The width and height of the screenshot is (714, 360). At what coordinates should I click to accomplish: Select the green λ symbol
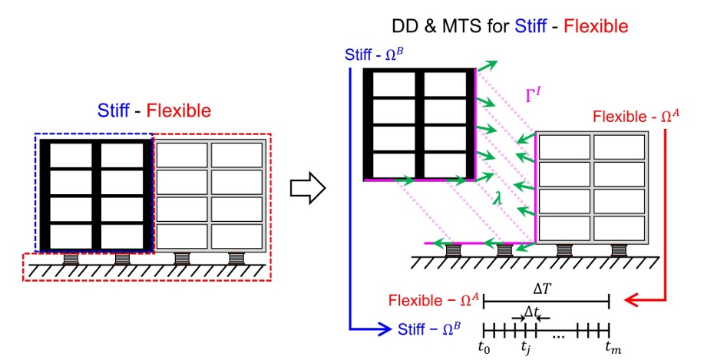(x=499, y=198)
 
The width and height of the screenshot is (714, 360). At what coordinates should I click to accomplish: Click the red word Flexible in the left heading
(x=178, y=111)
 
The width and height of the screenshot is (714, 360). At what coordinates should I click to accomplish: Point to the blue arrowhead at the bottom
(x=386, y=330)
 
